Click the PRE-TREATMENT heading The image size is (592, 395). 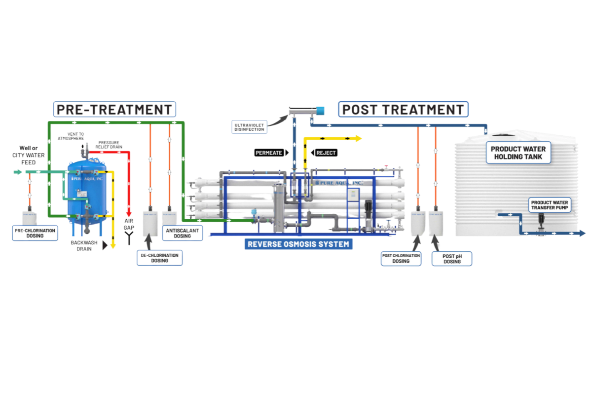[114, 109]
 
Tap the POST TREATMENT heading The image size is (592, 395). [403, 109]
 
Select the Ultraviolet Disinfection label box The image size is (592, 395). [250, 127]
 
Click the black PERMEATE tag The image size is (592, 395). [269, 153]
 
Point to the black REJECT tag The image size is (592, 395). [326, 153]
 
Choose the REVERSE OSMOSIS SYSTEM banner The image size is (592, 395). [298, 244]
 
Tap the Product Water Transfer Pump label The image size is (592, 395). [550, 205]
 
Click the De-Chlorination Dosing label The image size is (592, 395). [159, 257]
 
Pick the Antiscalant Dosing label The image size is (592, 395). [183, 233]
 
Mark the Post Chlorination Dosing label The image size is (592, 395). [401, 258]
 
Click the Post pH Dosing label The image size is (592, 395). [452, 258]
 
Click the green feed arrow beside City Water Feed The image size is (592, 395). [17, 172]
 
